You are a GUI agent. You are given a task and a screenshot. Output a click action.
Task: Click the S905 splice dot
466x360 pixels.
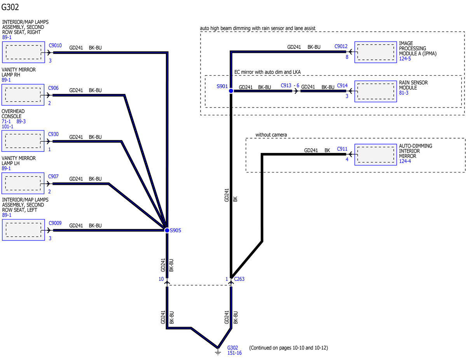pos(167,230)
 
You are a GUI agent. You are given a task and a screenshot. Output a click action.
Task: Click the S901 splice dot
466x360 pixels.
pos(231,90)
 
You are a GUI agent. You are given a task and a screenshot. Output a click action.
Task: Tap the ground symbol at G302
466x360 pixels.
pos(218,351)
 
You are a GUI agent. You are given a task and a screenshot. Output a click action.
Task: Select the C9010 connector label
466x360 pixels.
pos(55,45)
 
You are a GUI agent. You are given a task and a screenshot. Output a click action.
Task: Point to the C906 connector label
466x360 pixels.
pos(54,88)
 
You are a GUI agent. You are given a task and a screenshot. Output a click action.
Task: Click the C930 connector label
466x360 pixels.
pos(54,134)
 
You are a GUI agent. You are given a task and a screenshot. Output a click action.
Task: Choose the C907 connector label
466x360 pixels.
pos(54,176)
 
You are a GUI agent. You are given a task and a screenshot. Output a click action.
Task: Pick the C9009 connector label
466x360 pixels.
pos(55,223)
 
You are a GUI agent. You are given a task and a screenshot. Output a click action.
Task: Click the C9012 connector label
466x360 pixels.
pos(341,46)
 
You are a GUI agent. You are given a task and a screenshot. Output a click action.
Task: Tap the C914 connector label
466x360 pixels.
pos(342,85)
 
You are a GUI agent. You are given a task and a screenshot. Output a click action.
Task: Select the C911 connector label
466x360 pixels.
pos(342,149)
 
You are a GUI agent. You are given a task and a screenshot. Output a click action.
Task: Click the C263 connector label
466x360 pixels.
pos(239,279)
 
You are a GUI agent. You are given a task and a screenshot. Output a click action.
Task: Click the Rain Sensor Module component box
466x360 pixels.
pos(376,91)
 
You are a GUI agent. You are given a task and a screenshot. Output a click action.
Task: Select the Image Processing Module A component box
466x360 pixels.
pos(376,52)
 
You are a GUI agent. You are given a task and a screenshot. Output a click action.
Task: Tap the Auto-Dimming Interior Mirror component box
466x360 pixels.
pos(376,155)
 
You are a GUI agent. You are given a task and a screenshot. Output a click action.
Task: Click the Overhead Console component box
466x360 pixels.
pos(23,141)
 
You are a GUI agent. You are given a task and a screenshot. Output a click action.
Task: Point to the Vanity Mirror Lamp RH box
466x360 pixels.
pos(23,95)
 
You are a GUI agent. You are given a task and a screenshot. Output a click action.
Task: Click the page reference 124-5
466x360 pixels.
pos(405,59)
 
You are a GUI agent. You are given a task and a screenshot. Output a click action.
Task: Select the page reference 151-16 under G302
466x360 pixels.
pos(234,353)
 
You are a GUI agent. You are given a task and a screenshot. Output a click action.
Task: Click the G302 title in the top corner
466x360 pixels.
pos(10,7)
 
